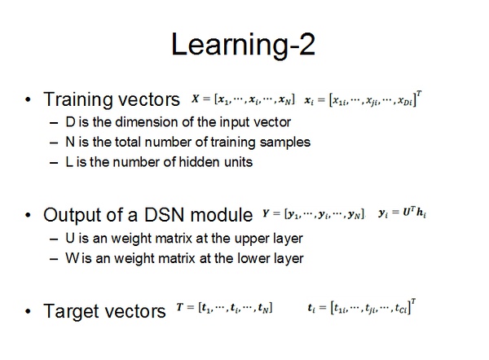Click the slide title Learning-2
[244, 45]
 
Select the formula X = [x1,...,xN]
[243, 99]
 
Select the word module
[222, 216]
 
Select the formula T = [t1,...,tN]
[224, 309]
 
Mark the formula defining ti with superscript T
[362, 309]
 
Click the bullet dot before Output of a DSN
[29, 216]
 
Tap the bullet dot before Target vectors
[29, 311]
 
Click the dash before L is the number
[54, 161]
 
